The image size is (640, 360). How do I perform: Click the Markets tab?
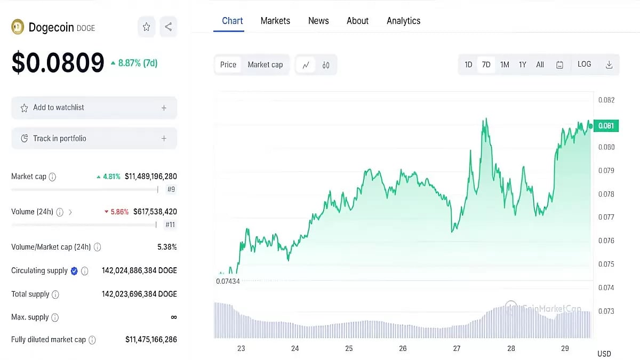(275, 21)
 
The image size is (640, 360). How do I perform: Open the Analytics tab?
(403, 21)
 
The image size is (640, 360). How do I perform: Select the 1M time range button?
(505, 65)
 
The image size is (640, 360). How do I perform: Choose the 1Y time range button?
(523, 65)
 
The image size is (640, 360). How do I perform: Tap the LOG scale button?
(584, 65)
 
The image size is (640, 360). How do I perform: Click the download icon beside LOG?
(609, 65)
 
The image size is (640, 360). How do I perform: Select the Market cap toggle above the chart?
(265, 65)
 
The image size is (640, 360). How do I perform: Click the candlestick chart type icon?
(326, 65)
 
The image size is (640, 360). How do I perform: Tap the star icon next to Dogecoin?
(146, 27)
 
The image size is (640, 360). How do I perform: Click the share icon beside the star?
(168, 27)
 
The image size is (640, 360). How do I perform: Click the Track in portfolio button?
(94, 139)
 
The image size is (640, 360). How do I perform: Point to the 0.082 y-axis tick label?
(606, 100)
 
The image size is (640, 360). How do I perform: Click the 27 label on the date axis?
(457, 348)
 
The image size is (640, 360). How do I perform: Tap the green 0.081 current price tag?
(606, 126)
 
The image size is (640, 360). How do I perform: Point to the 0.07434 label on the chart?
(228, 281)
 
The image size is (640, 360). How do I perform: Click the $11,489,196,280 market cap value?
(151, 176)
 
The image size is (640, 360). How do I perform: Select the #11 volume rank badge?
(170, 225)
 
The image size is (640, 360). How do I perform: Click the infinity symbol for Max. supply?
(173, 317)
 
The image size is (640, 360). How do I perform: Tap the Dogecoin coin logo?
(18, 27)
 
